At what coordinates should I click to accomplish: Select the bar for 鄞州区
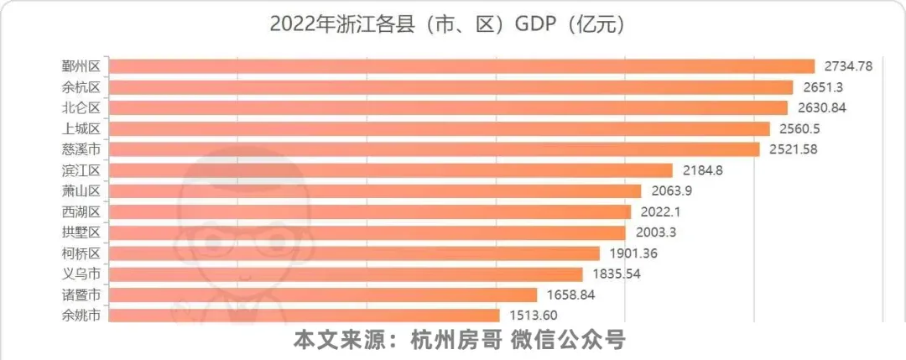coord(461,66)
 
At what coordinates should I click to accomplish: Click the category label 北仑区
coord(81,108)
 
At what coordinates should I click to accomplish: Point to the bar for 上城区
coord(440,129)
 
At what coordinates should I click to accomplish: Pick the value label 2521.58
coord(798,149)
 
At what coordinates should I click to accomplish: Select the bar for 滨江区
coord(391,170)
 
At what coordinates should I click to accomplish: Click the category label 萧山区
coord(81,191)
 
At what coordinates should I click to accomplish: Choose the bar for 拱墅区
coord(367,233)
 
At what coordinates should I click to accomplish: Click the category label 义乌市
coord(81,274)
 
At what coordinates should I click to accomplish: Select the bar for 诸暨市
coord(323,295)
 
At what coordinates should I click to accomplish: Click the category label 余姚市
coord(81,316)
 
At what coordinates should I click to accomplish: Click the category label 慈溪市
coord(81,149)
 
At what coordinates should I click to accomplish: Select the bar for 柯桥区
coord(354,253)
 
